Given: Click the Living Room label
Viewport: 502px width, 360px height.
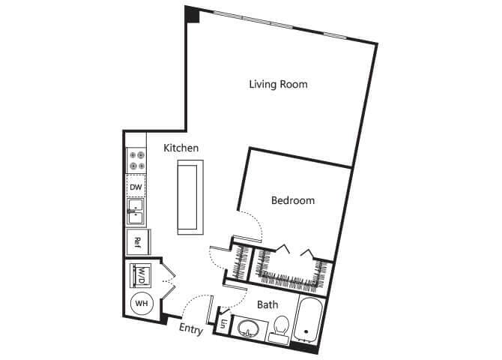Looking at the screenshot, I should [x=278, y=84].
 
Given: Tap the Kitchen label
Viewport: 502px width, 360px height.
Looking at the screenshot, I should [x=181, y=148].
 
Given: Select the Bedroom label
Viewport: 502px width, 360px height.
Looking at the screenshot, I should [x=292, y=200].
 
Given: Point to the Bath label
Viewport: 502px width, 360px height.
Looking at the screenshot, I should [x=267, y=304].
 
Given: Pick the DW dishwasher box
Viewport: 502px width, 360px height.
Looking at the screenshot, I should [x=136, y=187].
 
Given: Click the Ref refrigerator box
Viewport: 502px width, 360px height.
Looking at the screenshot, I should [x=137, y=241].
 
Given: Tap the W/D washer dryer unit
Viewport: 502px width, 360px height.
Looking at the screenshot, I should [x=141, y=275].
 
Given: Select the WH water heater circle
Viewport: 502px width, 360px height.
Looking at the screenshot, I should [x=141, y=304].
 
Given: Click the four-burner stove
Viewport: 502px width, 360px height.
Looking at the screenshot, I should [x=136, y=160].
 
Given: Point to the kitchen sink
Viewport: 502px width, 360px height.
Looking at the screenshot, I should [x=136, y=212].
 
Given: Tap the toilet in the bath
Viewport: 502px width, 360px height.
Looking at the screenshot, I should [x=281, y=327].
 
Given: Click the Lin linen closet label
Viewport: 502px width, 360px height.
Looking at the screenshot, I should [x=224, y=325].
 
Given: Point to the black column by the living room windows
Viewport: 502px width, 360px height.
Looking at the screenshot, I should [x=193, y=13].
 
